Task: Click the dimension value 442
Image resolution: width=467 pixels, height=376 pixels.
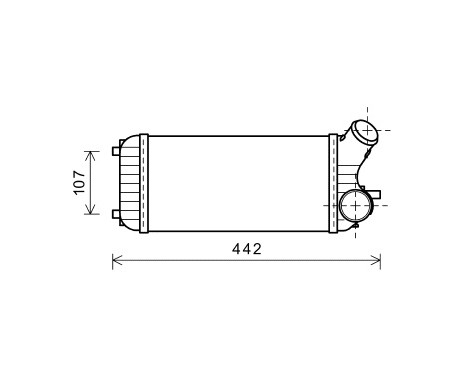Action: (246, 249)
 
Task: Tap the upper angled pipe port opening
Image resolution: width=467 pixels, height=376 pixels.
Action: (363, 130)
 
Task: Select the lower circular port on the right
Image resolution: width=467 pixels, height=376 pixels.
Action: (353, 205)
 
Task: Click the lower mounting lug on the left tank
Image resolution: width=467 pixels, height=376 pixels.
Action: (115, 214)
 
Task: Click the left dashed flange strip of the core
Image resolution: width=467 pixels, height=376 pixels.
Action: (144, 183)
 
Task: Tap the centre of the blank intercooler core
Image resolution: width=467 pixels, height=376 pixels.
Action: (238, 183)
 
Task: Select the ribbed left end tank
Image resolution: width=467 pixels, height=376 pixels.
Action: (128, 183)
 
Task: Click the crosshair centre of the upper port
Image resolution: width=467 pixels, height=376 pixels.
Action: (363, 130)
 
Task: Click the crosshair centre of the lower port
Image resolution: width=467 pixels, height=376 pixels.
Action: (353, 205)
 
